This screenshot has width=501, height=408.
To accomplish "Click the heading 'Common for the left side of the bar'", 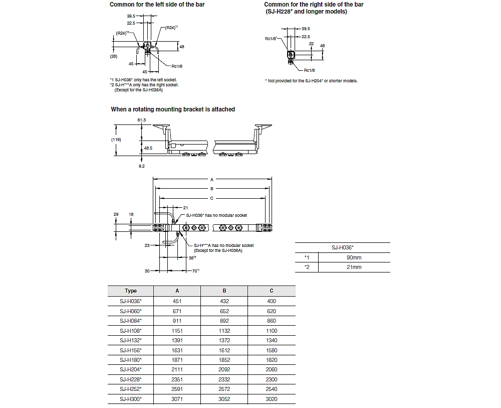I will [x=157, y=5].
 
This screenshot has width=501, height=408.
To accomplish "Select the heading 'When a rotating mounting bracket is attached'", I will [x=173, y=109].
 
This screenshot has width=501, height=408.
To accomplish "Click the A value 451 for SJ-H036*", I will [x=177, y=301].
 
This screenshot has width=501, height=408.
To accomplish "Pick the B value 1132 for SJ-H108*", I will [x=224, y=330].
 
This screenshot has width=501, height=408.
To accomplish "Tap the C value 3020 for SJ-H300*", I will [x=271, y=399].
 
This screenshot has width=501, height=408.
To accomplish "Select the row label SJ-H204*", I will [x=131, y=369].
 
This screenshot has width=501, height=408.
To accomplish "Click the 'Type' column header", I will [x=131, y=291].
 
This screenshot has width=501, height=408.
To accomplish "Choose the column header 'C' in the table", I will [x=271, y=291].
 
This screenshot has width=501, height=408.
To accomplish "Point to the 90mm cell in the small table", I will [x=354, y=257].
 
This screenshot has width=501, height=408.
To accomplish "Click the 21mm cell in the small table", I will [x=354, y=267].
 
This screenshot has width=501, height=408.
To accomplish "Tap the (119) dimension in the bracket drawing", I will [x=116, y=140].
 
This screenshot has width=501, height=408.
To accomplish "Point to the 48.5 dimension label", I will [x=148, y=149].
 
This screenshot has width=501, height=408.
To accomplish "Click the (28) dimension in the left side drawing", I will [x=114, y=57].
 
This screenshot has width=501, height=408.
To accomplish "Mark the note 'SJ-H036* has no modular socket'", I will [x=216, y=215].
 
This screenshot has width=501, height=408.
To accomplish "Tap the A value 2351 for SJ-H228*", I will [x=177, y=379].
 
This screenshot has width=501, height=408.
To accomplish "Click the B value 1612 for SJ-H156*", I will [x=224, y=350].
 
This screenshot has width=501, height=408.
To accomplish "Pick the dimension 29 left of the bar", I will [x=116, y=214].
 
